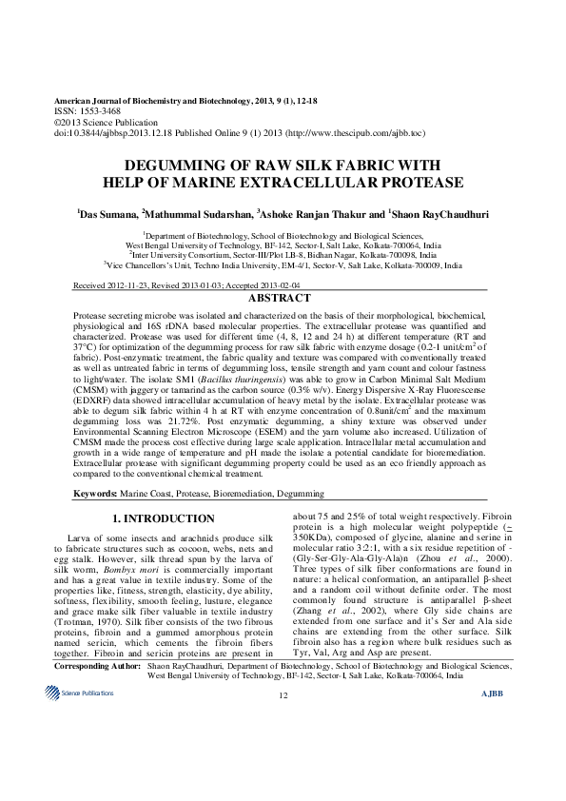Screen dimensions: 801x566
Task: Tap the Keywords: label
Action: [97, 495]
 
